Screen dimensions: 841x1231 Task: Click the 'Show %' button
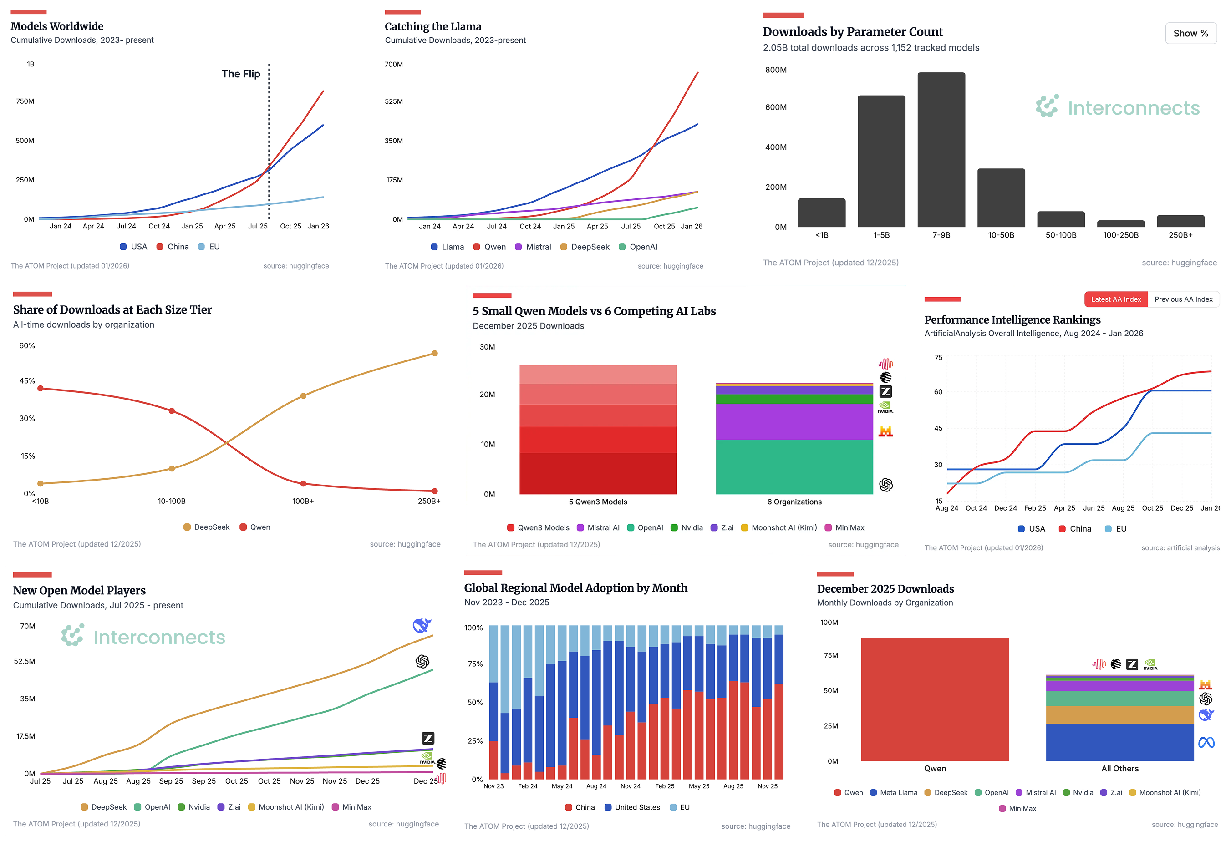point(1190,33)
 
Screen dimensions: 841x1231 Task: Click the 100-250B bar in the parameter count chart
point(1120,223)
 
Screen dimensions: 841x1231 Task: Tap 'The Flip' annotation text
point(240,74)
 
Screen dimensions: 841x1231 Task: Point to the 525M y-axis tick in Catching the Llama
point(393,101)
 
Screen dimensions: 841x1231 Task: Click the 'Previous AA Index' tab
point(1183,299)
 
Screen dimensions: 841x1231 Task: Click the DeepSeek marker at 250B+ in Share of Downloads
point(434,353)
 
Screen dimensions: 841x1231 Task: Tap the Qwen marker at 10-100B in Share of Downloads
point(172,411)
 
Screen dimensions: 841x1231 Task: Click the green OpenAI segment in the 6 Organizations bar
point(794,466)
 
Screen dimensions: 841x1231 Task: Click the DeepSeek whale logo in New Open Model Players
point(422,625)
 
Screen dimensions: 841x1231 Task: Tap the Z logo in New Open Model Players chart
point(428,738)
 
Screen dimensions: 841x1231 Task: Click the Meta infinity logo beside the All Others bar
point(1206,743)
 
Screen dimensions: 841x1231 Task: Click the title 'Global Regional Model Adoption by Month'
point(575,588)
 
